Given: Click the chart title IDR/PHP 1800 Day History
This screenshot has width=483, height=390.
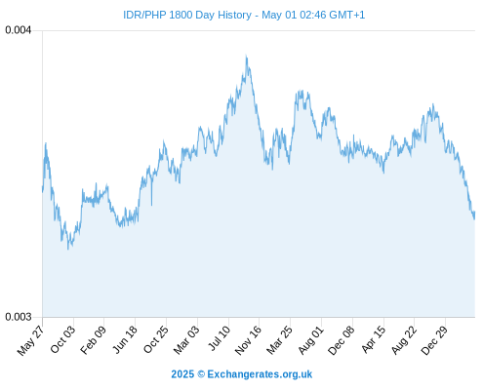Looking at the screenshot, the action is [x=187, y=15].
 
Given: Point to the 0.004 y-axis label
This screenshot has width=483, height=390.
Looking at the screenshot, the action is [x=19, y=30].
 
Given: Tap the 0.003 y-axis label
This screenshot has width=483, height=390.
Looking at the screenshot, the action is [x=19, y=317].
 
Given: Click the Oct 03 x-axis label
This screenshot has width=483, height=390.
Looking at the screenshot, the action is [x=63, y=339].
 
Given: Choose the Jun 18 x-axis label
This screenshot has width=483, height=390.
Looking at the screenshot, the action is [x=125, y=339].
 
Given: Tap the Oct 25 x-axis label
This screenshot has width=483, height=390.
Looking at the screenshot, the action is [x=156, y=339].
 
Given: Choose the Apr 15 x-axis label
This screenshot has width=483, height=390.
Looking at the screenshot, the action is [x=374, y=339].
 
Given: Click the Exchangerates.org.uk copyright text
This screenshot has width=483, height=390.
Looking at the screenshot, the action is [x=242, y=374].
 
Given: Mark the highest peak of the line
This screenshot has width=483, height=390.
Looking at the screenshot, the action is [x=246, y=56].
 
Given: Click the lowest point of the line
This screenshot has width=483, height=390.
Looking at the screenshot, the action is [x=68, y=250].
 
